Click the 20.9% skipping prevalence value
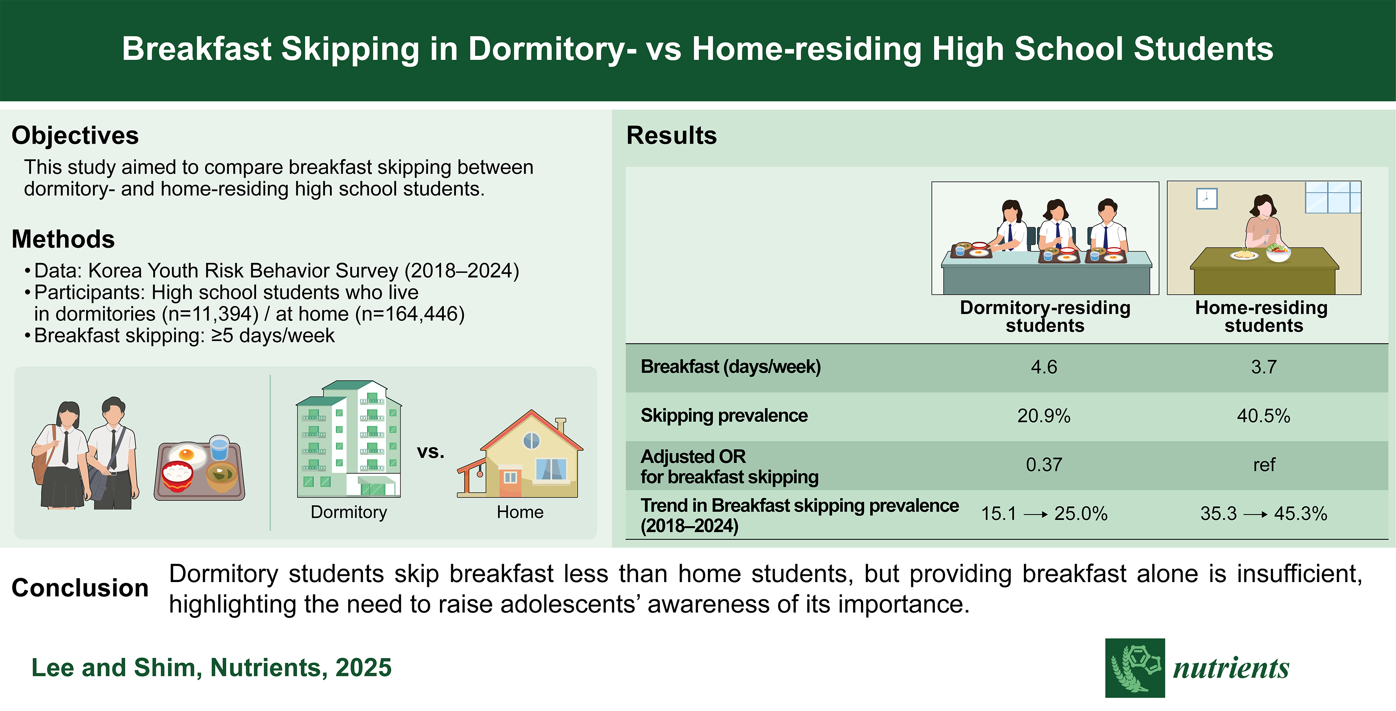(1044, 416)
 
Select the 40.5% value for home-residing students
(1263, 416)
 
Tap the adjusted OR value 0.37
(1044, 464)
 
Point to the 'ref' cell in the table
(1264, 465)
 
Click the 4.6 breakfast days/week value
(1044, 367)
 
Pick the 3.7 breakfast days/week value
(1264, 367)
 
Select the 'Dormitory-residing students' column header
(1045, 316)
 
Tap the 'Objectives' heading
(75, 136)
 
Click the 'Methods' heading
(63, 239)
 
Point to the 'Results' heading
(671, 136)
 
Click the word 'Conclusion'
(80, 588)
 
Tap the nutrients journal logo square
(1135, 668)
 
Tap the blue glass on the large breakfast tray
(219, 448)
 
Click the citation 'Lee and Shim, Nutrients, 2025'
(211, 668)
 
